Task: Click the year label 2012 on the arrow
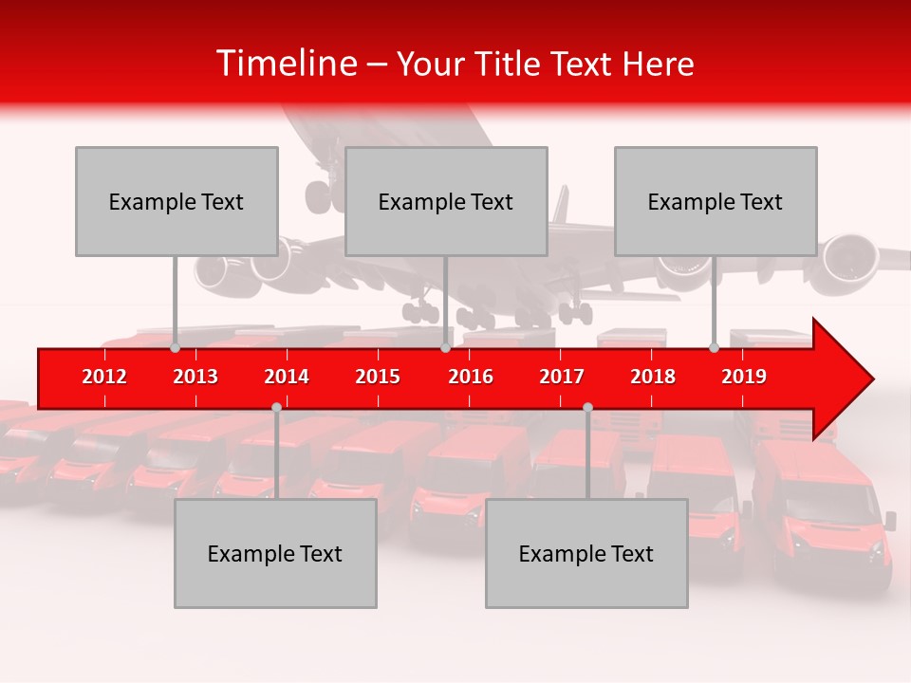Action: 104,377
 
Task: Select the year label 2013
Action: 195,377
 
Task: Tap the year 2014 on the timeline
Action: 287,377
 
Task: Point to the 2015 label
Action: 378,377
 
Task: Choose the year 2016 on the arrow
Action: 471,377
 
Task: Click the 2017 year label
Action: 562,377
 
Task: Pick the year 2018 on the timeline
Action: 653,377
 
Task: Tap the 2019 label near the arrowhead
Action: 744,377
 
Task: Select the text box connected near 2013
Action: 177,201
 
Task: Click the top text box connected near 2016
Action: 446,201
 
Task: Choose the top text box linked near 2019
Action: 716,201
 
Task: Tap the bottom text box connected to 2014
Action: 275,553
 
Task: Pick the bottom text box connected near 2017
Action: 586,553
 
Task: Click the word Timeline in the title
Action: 286,64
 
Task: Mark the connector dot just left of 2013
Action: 176,348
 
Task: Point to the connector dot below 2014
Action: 276,408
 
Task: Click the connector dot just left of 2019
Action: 715,348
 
